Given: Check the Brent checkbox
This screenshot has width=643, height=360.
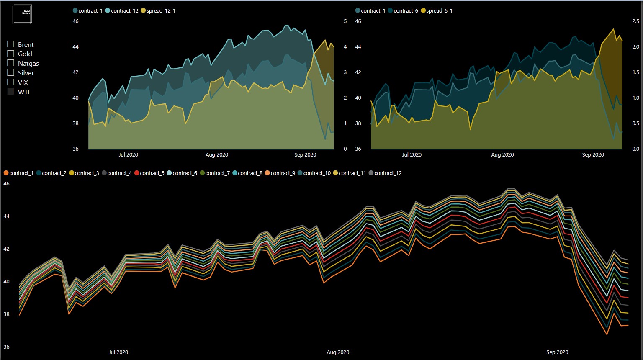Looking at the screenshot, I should (x=11, y=44).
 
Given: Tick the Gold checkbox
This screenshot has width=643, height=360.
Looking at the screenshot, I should (x=11, y=53).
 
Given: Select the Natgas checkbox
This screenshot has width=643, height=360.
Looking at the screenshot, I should (x=11, y=63).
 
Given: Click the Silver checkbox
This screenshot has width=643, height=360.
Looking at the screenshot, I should (x=11, y=72).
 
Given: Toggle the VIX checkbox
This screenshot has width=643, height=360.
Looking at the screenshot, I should (x=11, y=82).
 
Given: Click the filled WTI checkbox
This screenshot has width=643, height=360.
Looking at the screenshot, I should (x=11, y=91).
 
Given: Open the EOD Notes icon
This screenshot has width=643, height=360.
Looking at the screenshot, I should (x=22, y=14).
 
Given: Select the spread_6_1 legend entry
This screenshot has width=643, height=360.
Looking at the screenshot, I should (x=439, y=10).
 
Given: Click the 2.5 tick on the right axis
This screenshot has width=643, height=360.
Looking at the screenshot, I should (x=635, y=21).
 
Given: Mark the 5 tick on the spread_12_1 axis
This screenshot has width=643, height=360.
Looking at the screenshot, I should (x=345, y=21).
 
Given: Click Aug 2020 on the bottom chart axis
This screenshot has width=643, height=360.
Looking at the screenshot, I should (x=337, y=352).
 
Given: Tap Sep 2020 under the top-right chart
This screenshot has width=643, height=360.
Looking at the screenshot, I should (x=593, y=154).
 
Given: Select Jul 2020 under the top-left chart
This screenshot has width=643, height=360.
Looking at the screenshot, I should (x=128, y=154).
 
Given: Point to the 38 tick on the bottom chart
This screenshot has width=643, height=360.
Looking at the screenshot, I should (x=6, y=314).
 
